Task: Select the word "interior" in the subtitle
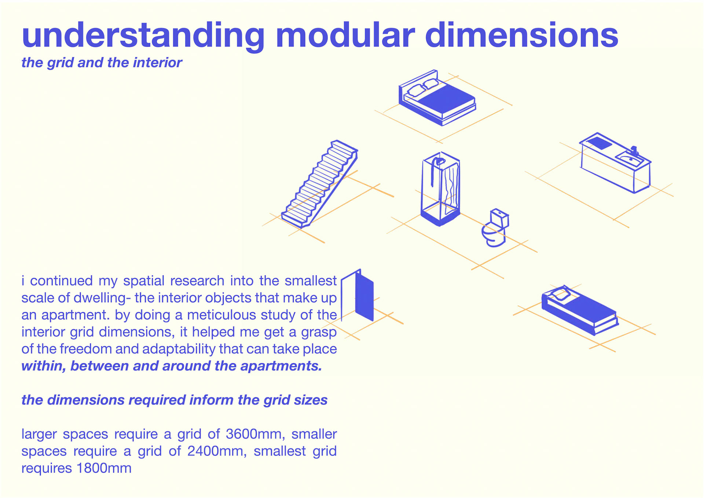(x=157, y=63)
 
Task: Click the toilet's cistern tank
(x=499, y=217)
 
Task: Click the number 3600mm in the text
(x=255, y=434)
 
